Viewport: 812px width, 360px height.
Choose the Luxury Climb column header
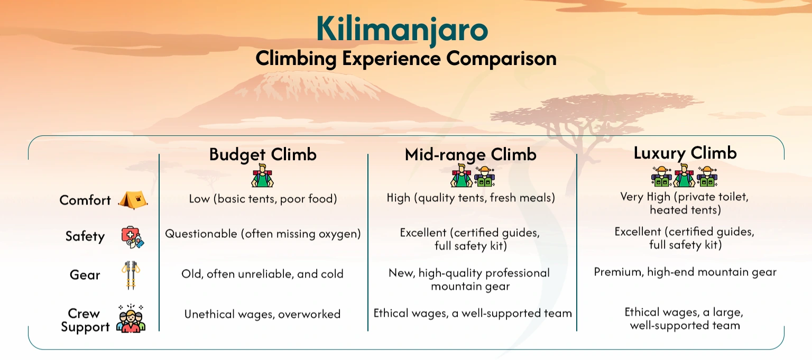pos(685,153)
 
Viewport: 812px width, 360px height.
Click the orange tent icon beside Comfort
pos(133,200)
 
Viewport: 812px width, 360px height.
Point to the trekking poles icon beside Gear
pos(131,275)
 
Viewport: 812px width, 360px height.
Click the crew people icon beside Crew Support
pos(131,319)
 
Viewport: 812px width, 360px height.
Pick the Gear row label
pos(85,275)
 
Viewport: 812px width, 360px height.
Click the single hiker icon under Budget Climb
pos(262,176)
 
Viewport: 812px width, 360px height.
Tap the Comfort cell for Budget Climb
pos(263,199)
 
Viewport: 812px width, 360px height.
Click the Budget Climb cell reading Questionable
pos(263,234)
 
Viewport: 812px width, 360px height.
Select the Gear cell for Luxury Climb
pos(685,272)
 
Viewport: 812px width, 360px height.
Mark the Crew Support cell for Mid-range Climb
pos(473,313)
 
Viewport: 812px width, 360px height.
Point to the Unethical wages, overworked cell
pos(262,314)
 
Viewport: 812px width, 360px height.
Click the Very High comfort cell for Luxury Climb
pos(685,204)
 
